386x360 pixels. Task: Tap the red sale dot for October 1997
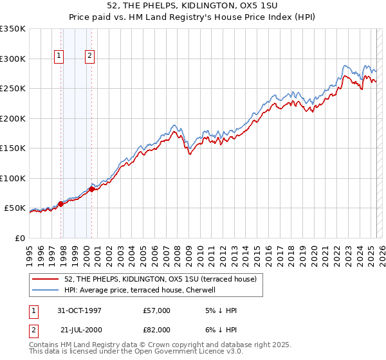pyautogui.click(x=61, y=204)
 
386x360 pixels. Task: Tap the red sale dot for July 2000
pyautogui.click(x=92, y=189)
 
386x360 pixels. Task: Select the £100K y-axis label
pyautogui.click(x=13, y=178)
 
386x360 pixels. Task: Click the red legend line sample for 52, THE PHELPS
pyautogui.click(x=46, y=279)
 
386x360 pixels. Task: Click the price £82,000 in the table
pyautogui.click(x=157, y=330)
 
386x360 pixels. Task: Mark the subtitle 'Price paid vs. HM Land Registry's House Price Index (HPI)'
pyautogui.click(x=192, y=17)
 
